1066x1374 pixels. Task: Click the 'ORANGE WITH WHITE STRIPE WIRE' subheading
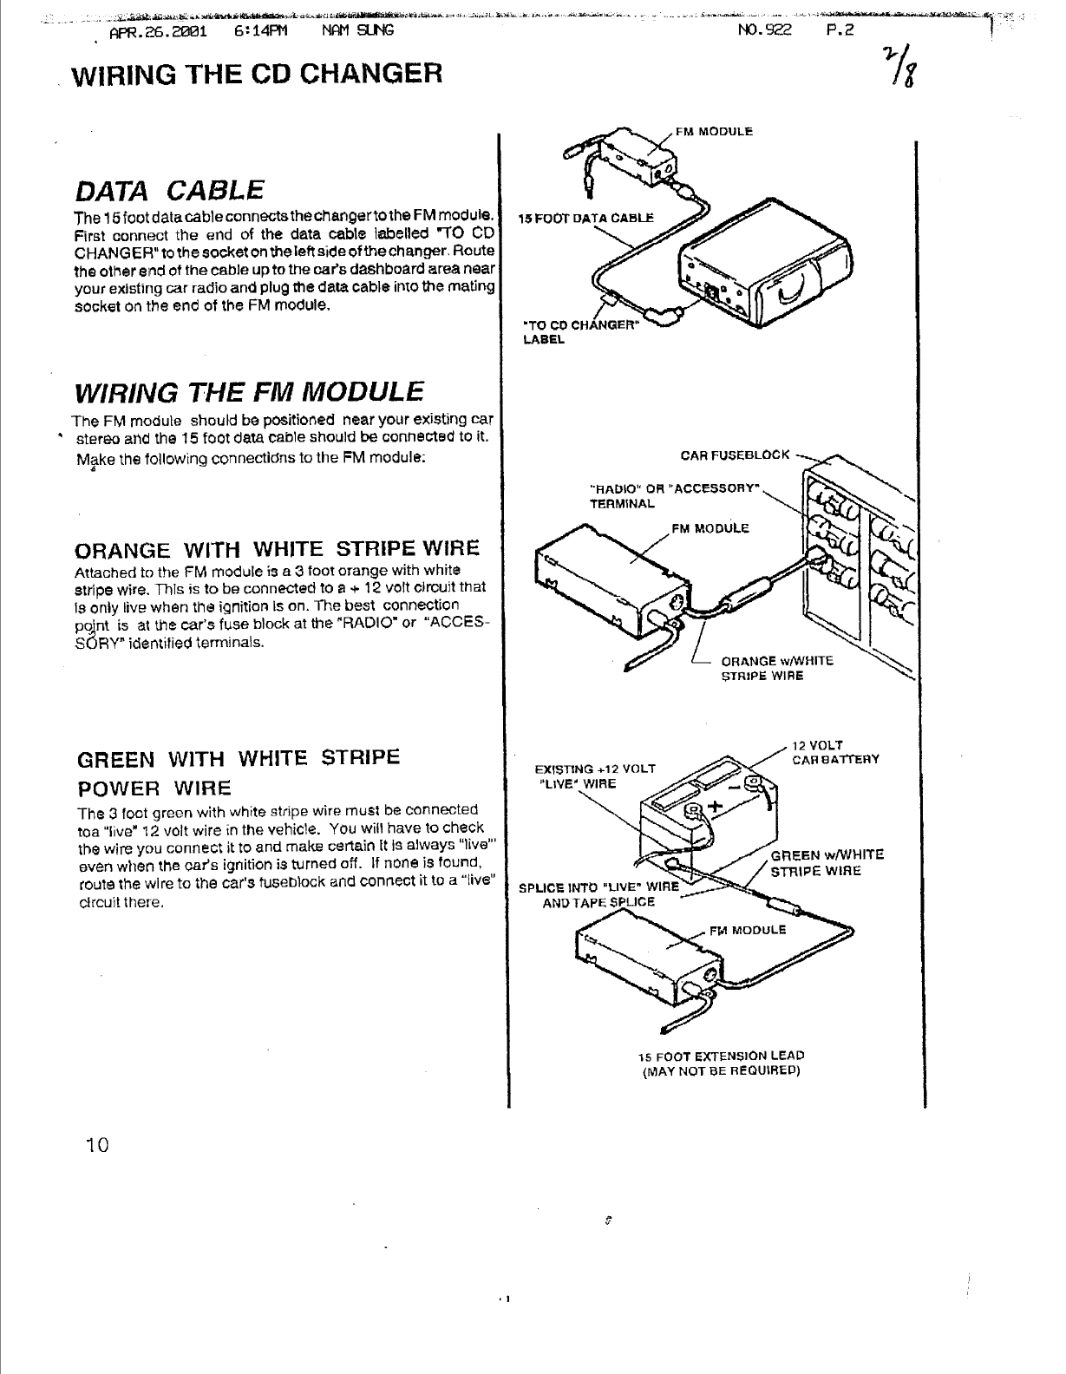tap(278, 549)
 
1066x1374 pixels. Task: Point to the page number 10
tap(95, 1145)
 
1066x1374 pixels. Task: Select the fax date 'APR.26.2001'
tap(158, 30)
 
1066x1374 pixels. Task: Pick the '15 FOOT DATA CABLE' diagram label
tap(581, 217)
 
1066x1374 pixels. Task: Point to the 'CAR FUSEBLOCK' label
tap(735, 454)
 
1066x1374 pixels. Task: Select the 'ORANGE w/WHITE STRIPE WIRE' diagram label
tap(776, 668)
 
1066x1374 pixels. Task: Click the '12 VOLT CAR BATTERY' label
tap(835, 752)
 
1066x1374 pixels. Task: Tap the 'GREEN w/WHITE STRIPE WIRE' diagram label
tap(827, 862)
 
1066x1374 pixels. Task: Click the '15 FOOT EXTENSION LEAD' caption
tap(721, 1056)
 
